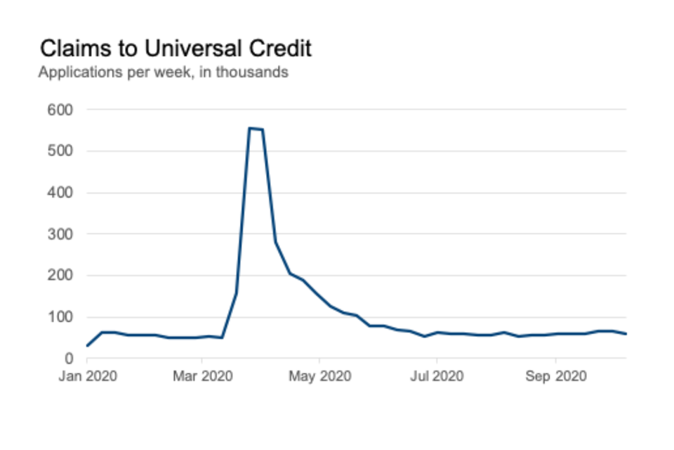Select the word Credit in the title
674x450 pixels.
coord(277,49)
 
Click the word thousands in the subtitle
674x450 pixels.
coord(251,72)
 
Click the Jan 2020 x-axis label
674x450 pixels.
coord(87,376)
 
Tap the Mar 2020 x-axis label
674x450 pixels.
coord(202,376)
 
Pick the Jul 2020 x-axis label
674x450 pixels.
coord(437,376)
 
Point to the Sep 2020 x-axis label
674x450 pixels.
coord(555,376)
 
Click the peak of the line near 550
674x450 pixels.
coord(250,128)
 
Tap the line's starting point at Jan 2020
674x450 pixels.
coord(87,346)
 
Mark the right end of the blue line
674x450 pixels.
coord(626,334)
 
